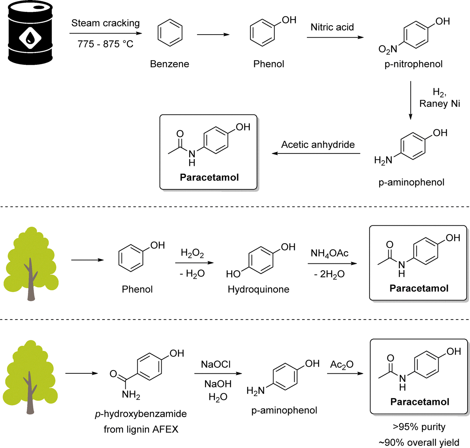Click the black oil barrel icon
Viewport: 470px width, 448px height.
pyautogui.click(x=30, y=33)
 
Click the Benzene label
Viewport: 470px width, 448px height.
pyautogui.click(x=169, y=64)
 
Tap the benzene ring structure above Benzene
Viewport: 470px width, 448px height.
pyautogui.click(x=170, y=33)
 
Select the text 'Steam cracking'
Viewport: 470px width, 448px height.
pyautogui.click(x=105, y=23)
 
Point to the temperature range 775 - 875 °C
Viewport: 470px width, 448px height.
pyautogui.click(x=105, y=44)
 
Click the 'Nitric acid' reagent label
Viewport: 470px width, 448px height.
pyautogui.click(x=332, y=27)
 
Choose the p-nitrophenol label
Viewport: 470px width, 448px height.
pyautogui.click(x=413, y=64)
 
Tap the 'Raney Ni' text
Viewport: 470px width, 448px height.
pyautogui.click(x=440, y=104)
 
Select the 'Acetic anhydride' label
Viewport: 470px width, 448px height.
pyautogui.click(x=318, y=144)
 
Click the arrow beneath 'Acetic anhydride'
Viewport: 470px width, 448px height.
pyautogui.click(x=316, y=154)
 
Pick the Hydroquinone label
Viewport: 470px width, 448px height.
pyautogui.click(x=258, y=289)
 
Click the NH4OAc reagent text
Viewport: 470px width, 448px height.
pyautogui.click(x=329, y=253)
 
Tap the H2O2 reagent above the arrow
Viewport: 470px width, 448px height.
pyautogui.click(x=192, y=253)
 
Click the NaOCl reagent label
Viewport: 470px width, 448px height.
pyautogui.click(x=216, y=364)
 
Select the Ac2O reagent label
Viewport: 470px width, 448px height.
pyautogui.click(x=342, y=365)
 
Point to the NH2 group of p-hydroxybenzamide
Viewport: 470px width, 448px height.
pyautogui.click(x=131, y=395)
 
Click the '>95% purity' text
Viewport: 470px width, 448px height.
pyautogui.click(x=419, y=427)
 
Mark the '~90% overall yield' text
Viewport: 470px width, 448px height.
pyautogui.click(x=419, y=442)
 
